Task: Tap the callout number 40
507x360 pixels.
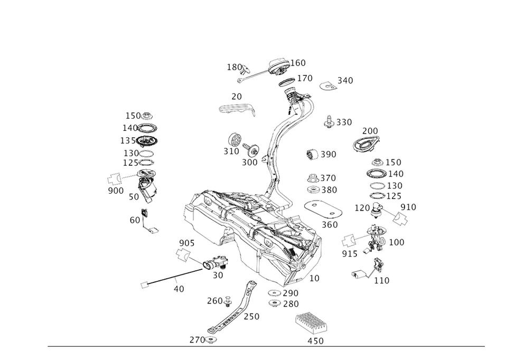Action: [x=180, y=289]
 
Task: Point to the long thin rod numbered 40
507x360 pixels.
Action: [x=169, y=277]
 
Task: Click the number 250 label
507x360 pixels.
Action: [x=252, y=317]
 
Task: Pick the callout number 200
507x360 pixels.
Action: [x=370, y=131]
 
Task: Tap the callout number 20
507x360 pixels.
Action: [x=236, y=97]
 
